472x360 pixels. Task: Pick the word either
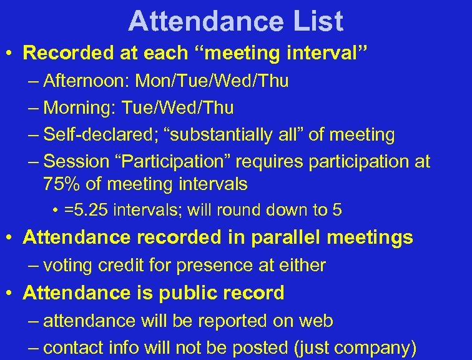pyautogui.click(x=302, y=266)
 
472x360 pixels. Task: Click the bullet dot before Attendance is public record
pyautogui.click(x=11, y=293)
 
